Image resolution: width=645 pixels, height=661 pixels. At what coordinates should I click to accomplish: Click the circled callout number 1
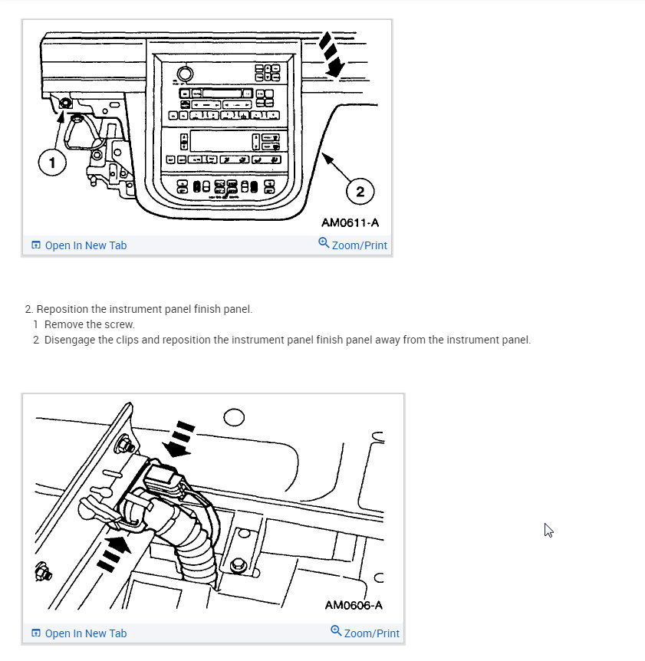(x=52, y=162)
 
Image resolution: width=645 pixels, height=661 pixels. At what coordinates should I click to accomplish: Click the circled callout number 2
(x=360, y=189)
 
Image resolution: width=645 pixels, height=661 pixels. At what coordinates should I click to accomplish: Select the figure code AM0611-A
(x=350, y=223)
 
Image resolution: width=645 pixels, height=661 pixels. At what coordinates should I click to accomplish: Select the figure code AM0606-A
(x=354, y=605)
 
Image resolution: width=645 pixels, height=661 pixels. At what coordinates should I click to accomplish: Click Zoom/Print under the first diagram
(x=353, y=245)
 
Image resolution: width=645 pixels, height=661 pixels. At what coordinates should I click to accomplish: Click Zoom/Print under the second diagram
(x=365, y=633)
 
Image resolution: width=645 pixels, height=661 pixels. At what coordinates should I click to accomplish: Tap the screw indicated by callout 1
(x=64, y=103)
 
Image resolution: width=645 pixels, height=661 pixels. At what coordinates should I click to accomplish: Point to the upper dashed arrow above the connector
(x=181, y=438)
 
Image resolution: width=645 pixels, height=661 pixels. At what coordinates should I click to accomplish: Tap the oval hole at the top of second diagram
(x=234, y=417)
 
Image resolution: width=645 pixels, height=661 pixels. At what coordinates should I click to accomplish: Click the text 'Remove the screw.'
(x=89, y=324)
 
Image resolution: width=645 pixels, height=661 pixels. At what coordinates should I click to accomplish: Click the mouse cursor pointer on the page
(x=548, y=530)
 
